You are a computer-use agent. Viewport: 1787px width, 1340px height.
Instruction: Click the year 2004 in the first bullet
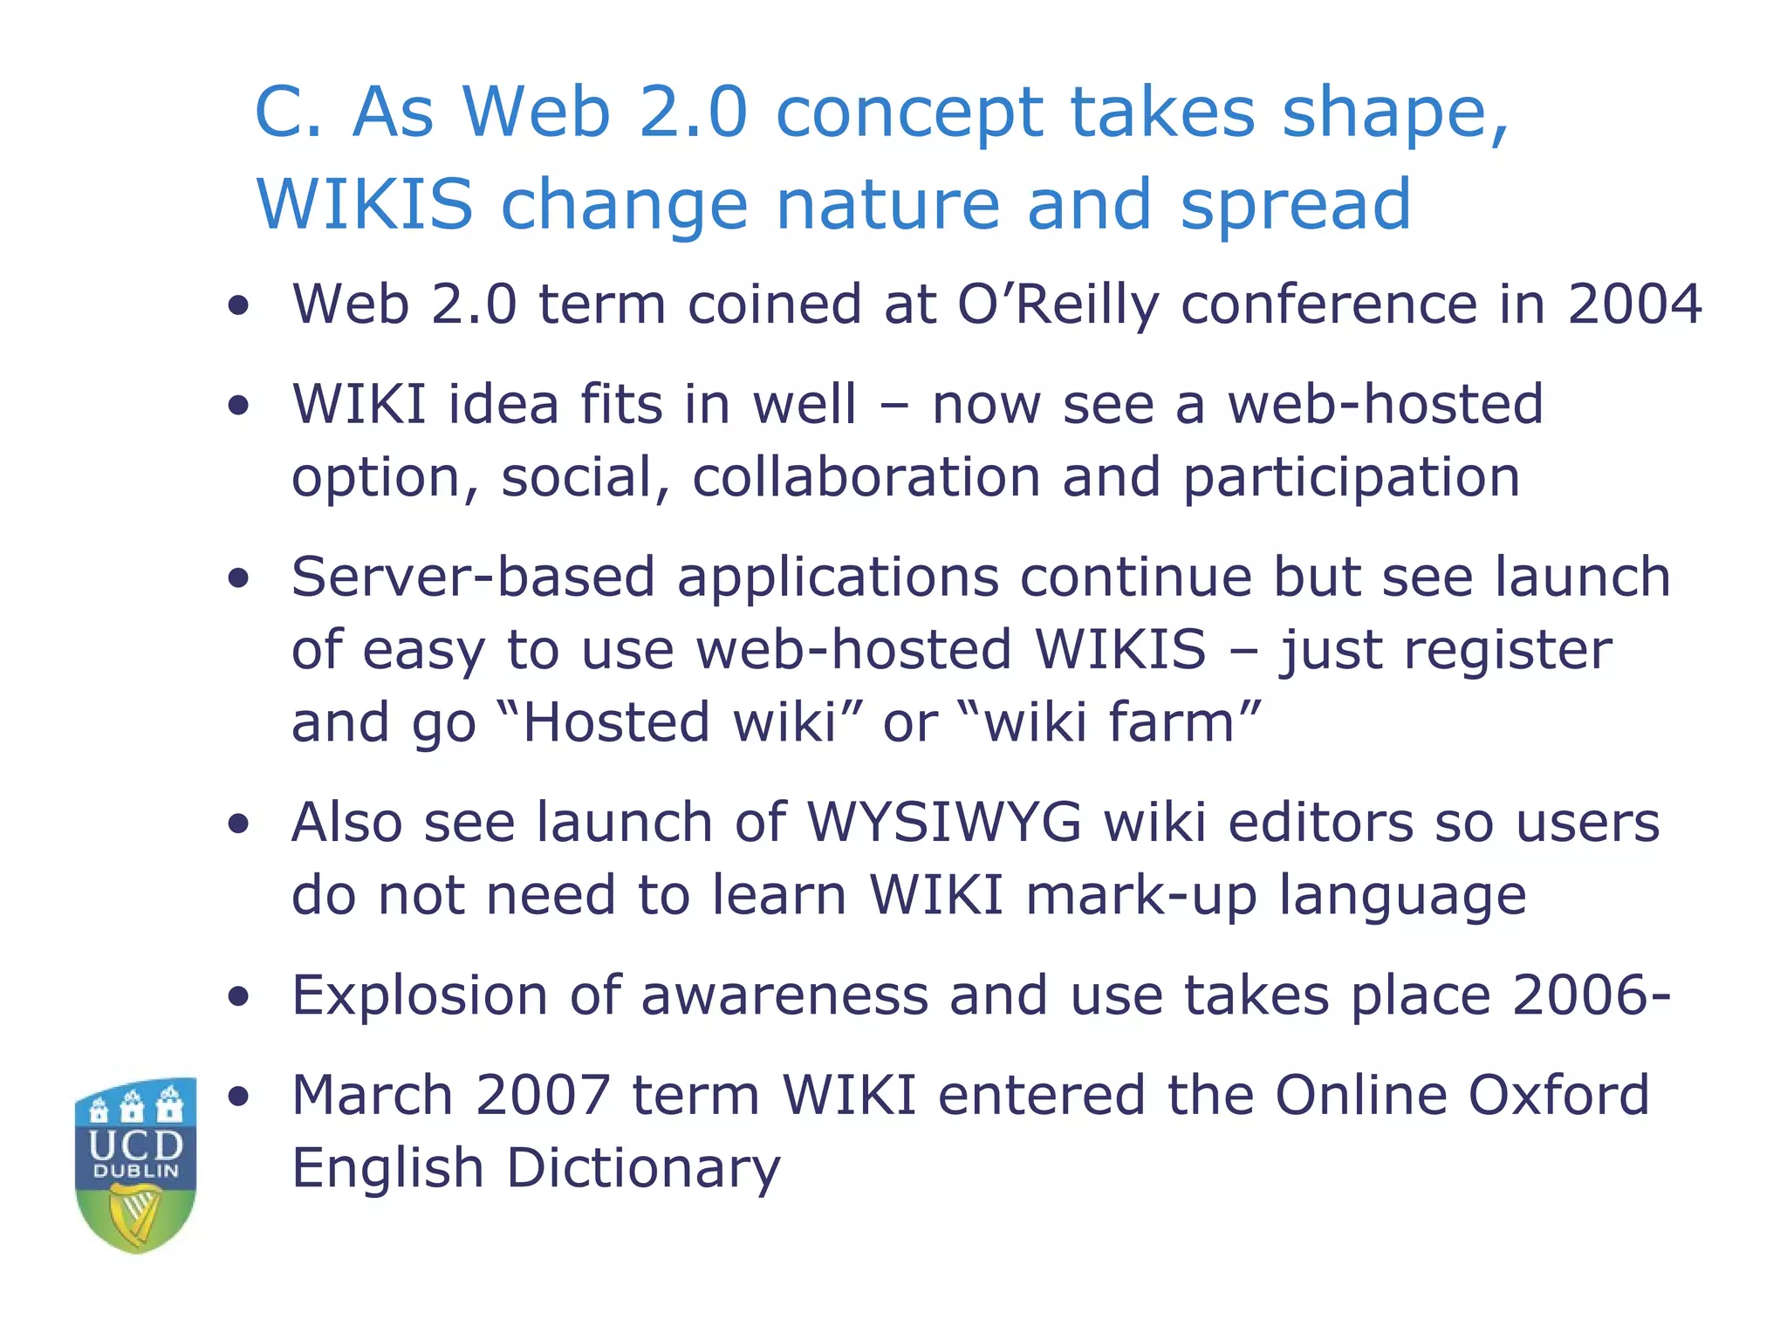tap(1634, 304)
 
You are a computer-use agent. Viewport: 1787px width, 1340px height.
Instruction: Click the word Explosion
tap(420, 996)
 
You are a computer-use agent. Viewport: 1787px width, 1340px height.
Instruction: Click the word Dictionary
tap(643, 1169)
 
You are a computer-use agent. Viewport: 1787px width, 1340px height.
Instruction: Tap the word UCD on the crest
tap(136, 1145)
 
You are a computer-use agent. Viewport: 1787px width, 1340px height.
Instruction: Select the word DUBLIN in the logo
tap(136, 1172)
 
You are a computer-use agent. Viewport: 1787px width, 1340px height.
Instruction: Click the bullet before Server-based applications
tap(238, 578)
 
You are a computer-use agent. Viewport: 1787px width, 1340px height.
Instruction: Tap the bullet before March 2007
tap(238, 1097)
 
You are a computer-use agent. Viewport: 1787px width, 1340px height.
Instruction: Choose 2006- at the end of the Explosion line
tap(1591, 995)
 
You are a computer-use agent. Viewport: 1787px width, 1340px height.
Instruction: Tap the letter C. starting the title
tap(289, 113)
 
